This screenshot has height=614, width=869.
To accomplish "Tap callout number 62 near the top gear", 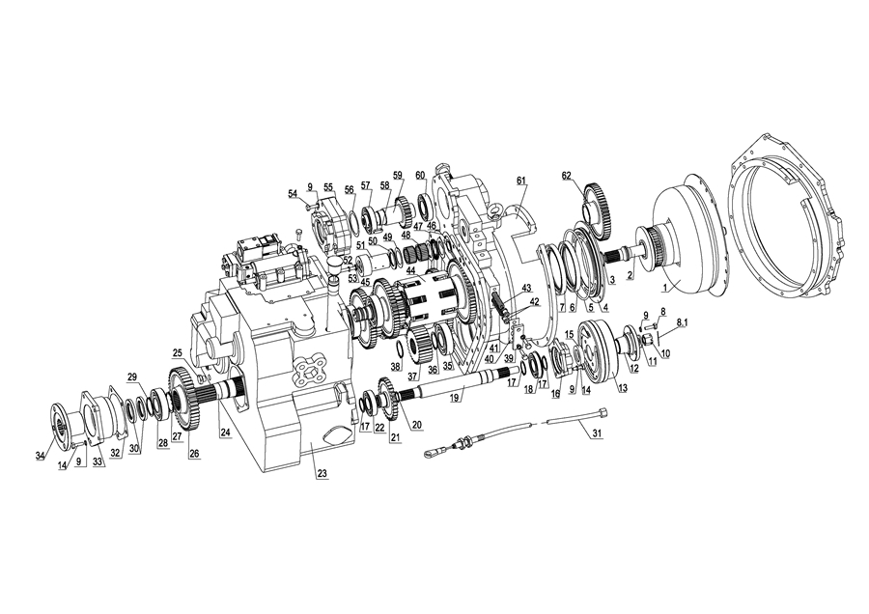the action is coord(566,177).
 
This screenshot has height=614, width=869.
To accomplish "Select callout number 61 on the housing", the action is coord(521,181).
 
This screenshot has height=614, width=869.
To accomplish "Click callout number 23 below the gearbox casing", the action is coord(322,474).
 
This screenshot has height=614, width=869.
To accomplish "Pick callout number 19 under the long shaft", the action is coord(455,399).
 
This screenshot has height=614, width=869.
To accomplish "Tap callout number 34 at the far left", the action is coord(40,456).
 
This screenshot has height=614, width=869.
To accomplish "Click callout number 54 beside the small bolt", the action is coord(293,193).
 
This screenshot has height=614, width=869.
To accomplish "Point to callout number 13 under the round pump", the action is coord(623,388).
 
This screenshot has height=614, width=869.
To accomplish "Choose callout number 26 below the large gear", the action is coord(194,453).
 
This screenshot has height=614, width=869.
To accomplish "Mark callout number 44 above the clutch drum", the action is coord(410,270).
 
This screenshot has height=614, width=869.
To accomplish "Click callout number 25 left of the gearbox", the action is coord(178,351).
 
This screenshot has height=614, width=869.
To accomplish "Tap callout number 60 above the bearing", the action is coord(420,175).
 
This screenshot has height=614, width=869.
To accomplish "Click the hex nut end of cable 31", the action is coord(603,411).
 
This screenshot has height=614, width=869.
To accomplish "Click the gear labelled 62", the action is coord(595,207).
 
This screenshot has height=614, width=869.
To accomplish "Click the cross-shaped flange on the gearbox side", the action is coord(308,368).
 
